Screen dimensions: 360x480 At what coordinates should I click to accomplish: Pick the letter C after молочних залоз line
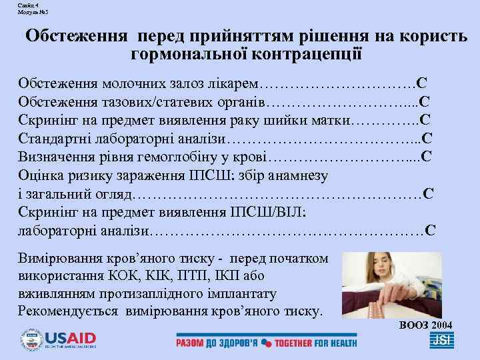coord(421,85)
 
